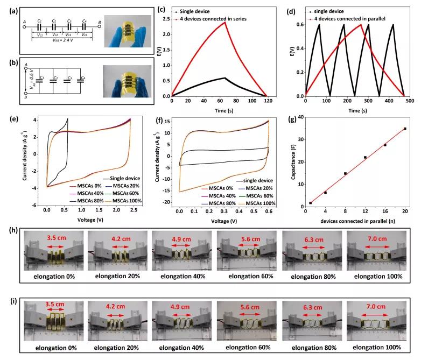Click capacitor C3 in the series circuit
[69, 27]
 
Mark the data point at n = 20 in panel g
[405, 129]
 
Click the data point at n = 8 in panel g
[345, 173]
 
